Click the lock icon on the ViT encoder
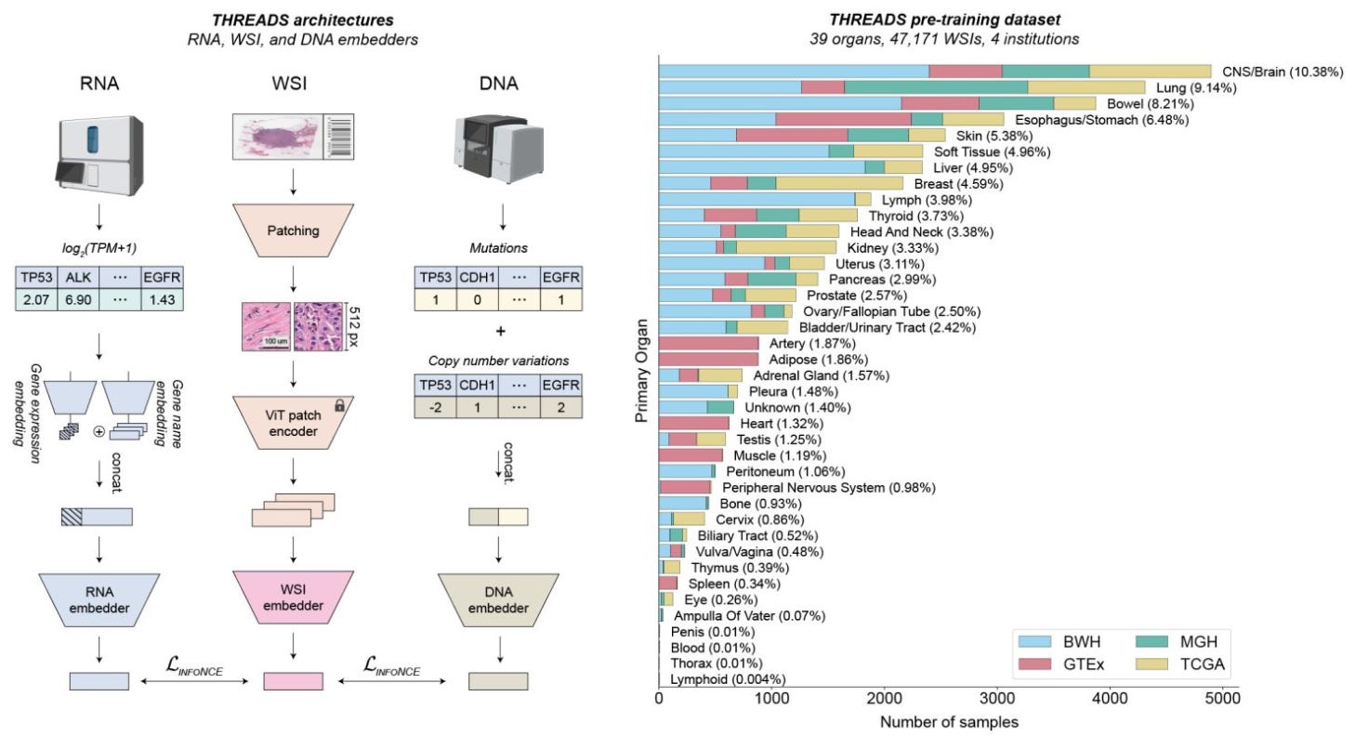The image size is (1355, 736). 339,405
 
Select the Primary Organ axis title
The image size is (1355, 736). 641,373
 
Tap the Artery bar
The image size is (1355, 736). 709,344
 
